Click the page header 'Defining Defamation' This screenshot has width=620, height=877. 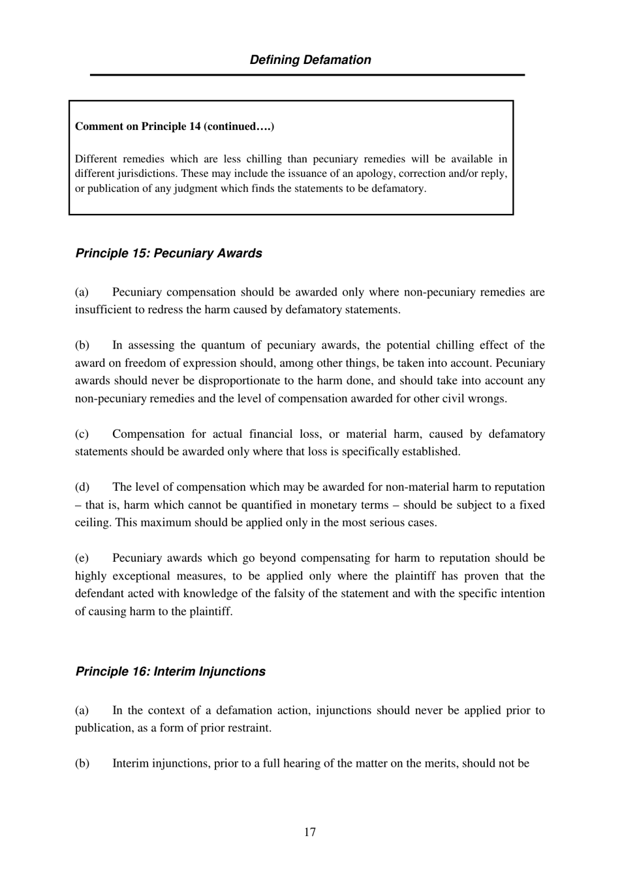click(310, 60)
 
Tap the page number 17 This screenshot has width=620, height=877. click(309, 832)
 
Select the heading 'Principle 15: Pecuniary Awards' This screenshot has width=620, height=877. click(168, 253)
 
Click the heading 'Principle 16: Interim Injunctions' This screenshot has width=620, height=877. click(170, 671)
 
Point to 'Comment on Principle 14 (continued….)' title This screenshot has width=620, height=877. click(174, 127)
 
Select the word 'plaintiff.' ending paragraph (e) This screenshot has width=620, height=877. click(211, 611)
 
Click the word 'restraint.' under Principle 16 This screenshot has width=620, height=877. click(249, 728)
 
